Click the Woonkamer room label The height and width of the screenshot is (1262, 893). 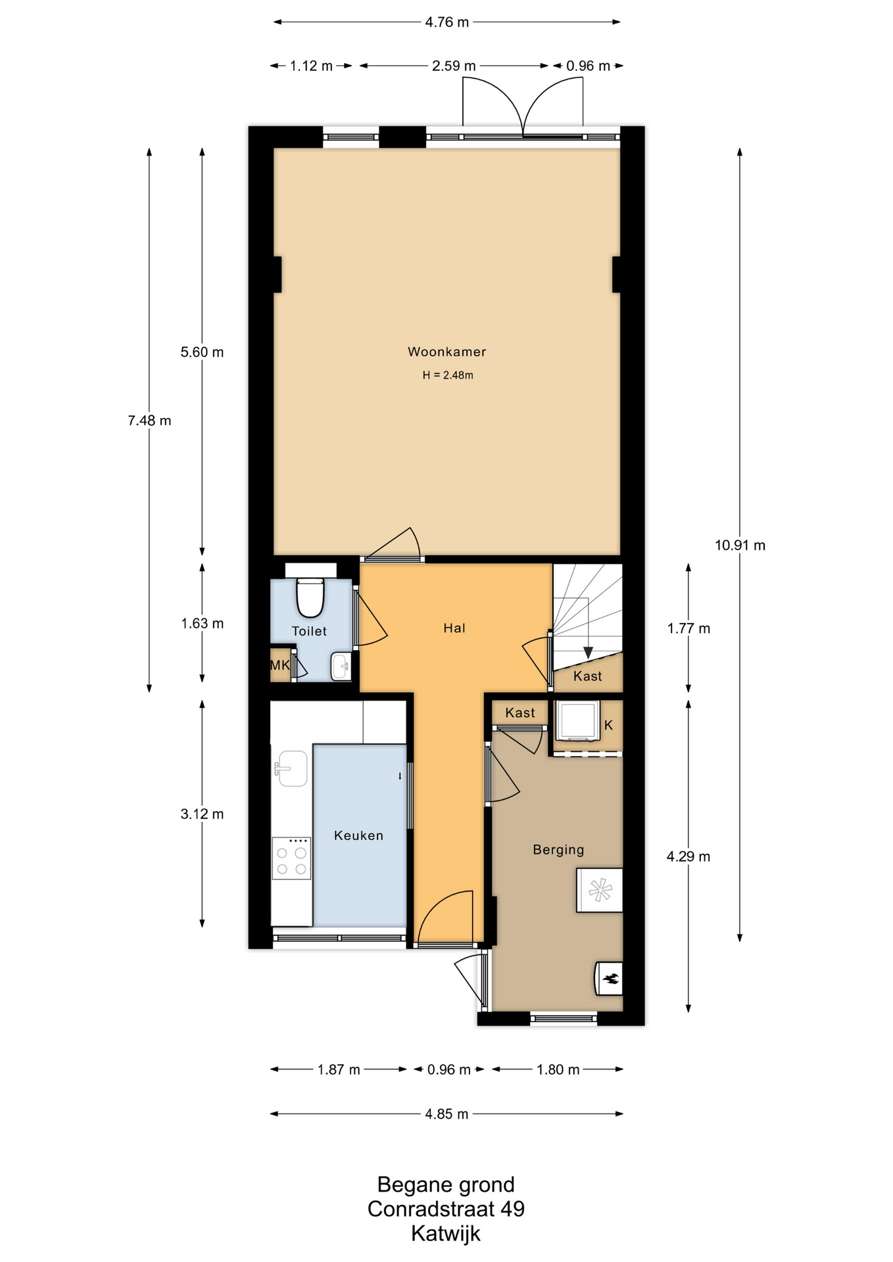[x=446, y=352]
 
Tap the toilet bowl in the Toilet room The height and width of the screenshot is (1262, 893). [x=310, y=596]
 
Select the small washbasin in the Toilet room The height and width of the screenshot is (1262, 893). [x=341, y=666]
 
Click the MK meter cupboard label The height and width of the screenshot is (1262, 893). [x=280, y=665]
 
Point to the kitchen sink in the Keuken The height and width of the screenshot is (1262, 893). [x=291, y=768]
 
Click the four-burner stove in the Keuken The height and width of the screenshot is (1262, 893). [x=291, y=858]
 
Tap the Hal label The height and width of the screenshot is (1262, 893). [x=454, y=628]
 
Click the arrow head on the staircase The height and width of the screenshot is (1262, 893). [x=588, y=653]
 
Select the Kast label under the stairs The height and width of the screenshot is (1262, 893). [x=587, y=676]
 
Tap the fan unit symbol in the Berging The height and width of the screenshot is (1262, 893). [x=599, y=890]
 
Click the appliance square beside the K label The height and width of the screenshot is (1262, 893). [x=577, y=721]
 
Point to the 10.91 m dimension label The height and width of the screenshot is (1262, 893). [x=740, y=545]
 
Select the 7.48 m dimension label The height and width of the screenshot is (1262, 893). [x=149, y=421]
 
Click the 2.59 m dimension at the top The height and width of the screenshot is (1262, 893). [x=454, y=66]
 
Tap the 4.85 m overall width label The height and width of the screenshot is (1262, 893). [x=446, y=1114]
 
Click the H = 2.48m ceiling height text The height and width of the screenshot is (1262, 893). [x=448, y=375]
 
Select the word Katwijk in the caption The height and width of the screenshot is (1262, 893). [x=446, y=1234]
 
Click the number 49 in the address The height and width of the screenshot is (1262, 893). [x=512, y=1209]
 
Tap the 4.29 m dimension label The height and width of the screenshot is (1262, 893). [x=688, y=856]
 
